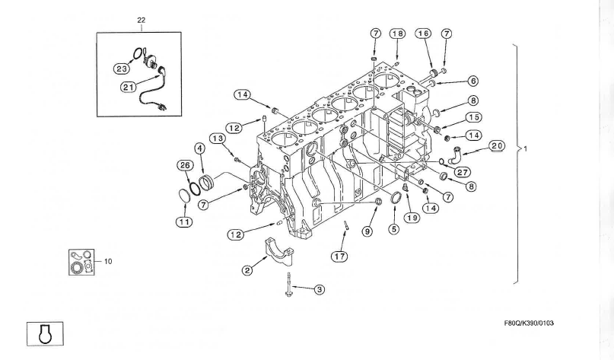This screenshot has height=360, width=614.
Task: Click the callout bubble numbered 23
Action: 122,68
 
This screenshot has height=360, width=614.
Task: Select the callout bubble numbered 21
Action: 129,87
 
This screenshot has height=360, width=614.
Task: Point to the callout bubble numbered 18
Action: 398,33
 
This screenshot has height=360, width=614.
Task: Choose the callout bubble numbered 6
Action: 472,81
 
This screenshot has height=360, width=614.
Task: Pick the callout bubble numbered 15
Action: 473,117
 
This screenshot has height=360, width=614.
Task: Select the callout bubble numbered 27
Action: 462,171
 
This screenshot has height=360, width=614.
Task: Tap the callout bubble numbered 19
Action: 412,217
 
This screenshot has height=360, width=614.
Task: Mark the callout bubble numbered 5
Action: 393,228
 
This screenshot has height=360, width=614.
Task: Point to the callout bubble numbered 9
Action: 367,231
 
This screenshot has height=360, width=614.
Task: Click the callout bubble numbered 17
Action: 339,256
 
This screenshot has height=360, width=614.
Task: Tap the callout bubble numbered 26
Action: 185,165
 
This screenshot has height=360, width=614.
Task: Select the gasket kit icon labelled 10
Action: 81,261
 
